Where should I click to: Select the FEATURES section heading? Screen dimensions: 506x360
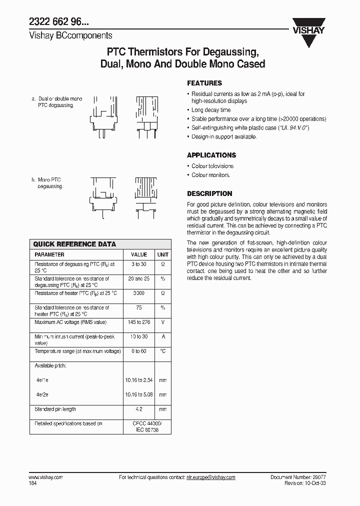(x=204, y=83)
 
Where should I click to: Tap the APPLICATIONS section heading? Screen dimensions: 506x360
(x=211, y=155)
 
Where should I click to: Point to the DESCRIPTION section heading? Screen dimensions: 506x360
(x=209, y=193)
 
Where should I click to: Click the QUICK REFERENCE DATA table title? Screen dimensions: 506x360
(x=74, y=244)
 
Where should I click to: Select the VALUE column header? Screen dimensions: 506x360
(x=139, y=254)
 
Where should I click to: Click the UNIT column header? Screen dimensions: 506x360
(x=163, y=254)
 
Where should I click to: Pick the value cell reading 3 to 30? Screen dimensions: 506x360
(x=139, y=263)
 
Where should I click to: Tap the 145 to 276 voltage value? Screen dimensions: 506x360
(x=139, y=322)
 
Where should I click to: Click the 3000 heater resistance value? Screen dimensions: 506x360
(x=139, y=293)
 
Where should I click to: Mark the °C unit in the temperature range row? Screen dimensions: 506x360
(x=163, y=351)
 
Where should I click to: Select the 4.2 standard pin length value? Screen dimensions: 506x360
(x=139, y=409)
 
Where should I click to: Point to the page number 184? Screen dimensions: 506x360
(x=33, y=483)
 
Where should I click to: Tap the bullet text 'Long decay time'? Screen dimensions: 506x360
(x=211, y=110)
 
